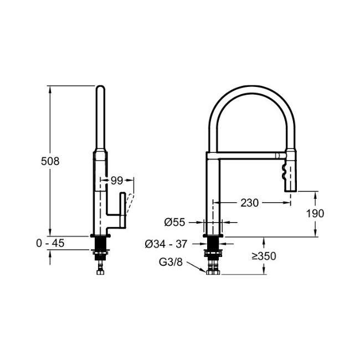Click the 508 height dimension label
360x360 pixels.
50,161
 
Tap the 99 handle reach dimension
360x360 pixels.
117,181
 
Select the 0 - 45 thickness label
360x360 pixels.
50,243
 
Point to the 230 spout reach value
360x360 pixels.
250,203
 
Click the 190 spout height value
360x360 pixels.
315,214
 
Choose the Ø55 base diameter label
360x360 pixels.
174,222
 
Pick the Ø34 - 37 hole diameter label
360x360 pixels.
166,244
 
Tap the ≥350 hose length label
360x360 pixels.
264,256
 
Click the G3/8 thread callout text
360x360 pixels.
171,262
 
